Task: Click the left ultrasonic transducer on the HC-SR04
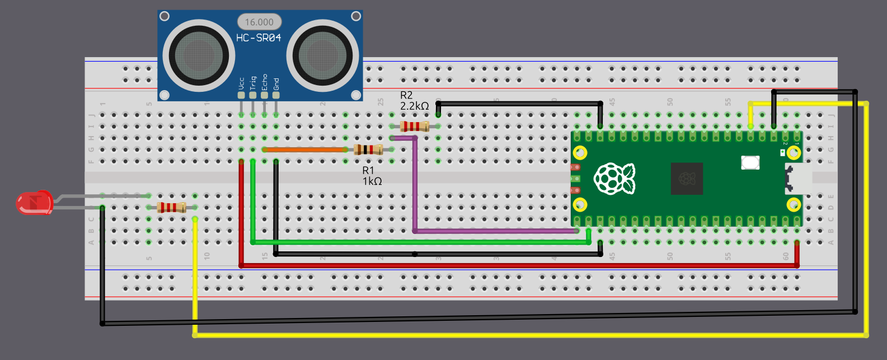(x=199, y=55)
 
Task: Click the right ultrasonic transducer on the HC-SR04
(x=322, y=55)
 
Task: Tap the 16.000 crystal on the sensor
(x=259, y=22)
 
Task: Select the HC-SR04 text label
(x=259, y=38)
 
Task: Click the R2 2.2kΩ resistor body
(x=415, y=126)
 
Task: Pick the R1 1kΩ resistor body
(x=368, y=149)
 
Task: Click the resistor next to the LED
(x=171, y=208)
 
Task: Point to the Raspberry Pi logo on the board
(x=614, y=179)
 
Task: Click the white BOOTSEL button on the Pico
(x=750, y=162)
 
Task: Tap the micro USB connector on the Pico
(x=799, y=179)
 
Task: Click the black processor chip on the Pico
(x=687, y=179)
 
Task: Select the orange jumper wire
(x=305, y=149)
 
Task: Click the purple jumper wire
(x=415, y=185)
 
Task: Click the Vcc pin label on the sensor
(x=241, y=83)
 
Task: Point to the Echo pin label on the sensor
(x=265, y=82)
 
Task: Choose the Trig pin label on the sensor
(x=253, y=83)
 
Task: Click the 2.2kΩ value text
(x=414, y=106)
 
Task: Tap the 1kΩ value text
(x=372, y=181)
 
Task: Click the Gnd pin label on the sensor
(x=276, y=83)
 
